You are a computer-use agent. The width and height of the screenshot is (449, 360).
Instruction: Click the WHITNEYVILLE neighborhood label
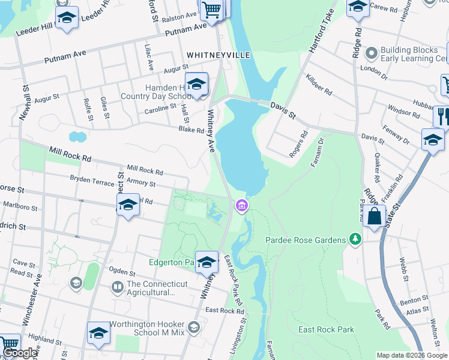pyautogui.click(x=218, y=55)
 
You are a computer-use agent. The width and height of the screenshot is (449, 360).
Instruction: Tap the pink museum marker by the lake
pyautogui.click(x=241, y=206)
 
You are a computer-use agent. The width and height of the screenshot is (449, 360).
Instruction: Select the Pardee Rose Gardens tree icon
pyautogui.click(x=356, y=240)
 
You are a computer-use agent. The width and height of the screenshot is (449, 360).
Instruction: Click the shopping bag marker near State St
pyautogui.click(x=374, y=216)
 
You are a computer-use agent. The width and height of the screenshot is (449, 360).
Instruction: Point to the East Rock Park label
pyautogui.click(x=326, y=329)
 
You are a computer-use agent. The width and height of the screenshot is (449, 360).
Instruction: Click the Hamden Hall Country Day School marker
pyautogui.click(x=196, y=85)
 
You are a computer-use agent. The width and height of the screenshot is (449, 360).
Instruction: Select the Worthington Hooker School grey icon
pyautogui.click(x=193, y=327)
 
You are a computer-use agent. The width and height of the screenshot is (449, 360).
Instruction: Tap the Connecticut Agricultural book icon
pyautogui.click(x=118, y=289)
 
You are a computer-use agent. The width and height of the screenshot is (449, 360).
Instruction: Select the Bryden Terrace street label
pyautogui.click(x=91, y=178)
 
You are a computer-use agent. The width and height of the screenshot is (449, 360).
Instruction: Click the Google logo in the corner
pyautogui.click(x=19, y=353)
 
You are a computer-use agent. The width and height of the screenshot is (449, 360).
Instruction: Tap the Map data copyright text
pyautogui.click(x=412, y=355)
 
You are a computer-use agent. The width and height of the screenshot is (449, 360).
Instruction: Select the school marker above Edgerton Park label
pyautogui.click(x=206, y=262)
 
